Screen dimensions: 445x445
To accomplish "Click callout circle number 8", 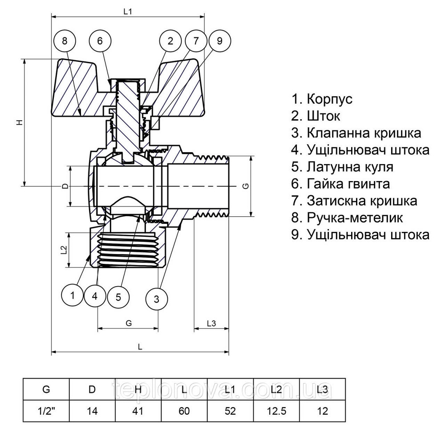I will (65, 41).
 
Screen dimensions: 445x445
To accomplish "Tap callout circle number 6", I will (100, 41).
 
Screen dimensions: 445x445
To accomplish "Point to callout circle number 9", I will (219, 41).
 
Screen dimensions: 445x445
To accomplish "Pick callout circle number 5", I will (118, 297).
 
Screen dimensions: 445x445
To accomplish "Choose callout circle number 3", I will (157, 299).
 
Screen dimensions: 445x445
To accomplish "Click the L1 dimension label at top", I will (128, 12).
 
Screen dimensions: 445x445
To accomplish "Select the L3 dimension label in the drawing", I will (211, 324).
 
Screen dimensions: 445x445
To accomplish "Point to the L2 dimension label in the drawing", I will (63, 250).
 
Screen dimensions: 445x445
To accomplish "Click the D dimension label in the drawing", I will (65, 186).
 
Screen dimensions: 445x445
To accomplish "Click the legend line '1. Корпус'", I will (322, 99).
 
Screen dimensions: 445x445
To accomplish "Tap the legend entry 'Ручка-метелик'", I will (347, 218).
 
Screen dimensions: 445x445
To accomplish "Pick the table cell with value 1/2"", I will (46, 411).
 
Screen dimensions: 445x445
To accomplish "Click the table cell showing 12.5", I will (276, 411).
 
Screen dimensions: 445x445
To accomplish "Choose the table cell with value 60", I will (184, 411).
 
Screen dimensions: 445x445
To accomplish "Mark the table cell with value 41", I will (138, 411).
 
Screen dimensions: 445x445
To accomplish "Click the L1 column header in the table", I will (230, 390).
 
